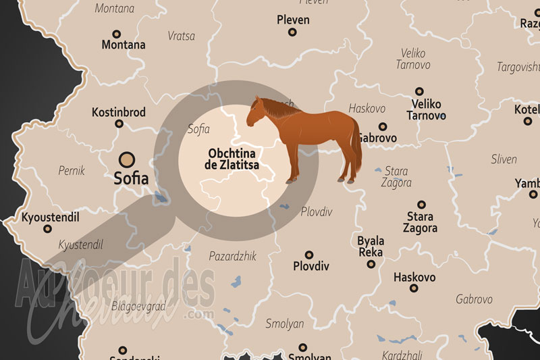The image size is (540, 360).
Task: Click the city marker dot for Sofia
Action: coord(126,160)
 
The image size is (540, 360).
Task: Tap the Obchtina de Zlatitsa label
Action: coord(233,158)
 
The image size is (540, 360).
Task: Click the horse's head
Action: coord(256,111)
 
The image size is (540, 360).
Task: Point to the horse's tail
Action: coord(356,149)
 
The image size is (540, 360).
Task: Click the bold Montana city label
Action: coord(124,45)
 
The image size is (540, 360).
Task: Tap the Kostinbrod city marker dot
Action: coord(119,124)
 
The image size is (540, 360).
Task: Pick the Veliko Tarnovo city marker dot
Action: coord(419,91)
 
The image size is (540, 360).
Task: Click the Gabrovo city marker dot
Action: coord(383,126)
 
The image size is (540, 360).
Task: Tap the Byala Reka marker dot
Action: coord(371,264)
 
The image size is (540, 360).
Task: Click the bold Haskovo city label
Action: coord(414,278)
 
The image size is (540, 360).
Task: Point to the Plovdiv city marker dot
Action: coord(309,255)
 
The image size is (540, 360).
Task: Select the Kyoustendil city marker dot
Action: coord(47,229)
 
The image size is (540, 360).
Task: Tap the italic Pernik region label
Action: coord(72,171)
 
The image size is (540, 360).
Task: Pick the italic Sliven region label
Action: coord(503,159)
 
